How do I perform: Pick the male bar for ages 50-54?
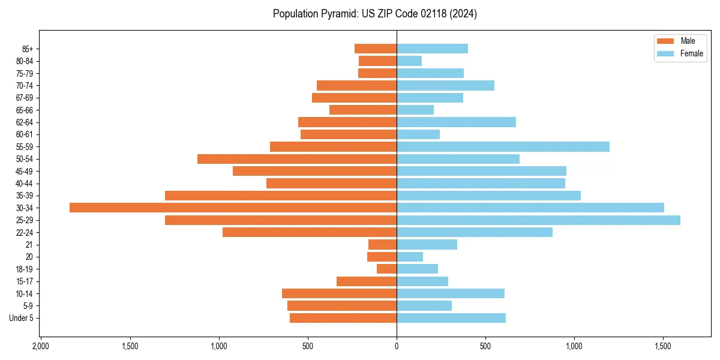pos(297,159)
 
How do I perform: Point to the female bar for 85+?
pos(432,49)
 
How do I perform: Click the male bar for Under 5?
pos(343,318)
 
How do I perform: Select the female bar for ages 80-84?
pos(409,61)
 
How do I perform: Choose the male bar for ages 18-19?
pos(386,269)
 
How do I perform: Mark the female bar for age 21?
pos(427,244)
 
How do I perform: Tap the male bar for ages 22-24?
pos(310,232)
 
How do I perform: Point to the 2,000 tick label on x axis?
pos(40,346)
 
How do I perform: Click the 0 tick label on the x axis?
pos(397,346)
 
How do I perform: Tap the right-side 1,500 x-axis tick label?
pos(663,346)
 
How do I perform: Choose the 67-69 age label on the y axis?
pos(25,98)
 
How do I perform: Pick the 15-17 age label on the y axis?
pos(25,281)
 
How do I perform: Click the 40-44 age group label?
pos(25,184)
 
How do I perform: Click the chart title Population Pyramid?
pos(374,14)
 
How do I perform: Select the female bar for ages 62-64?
pos(456,122)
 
